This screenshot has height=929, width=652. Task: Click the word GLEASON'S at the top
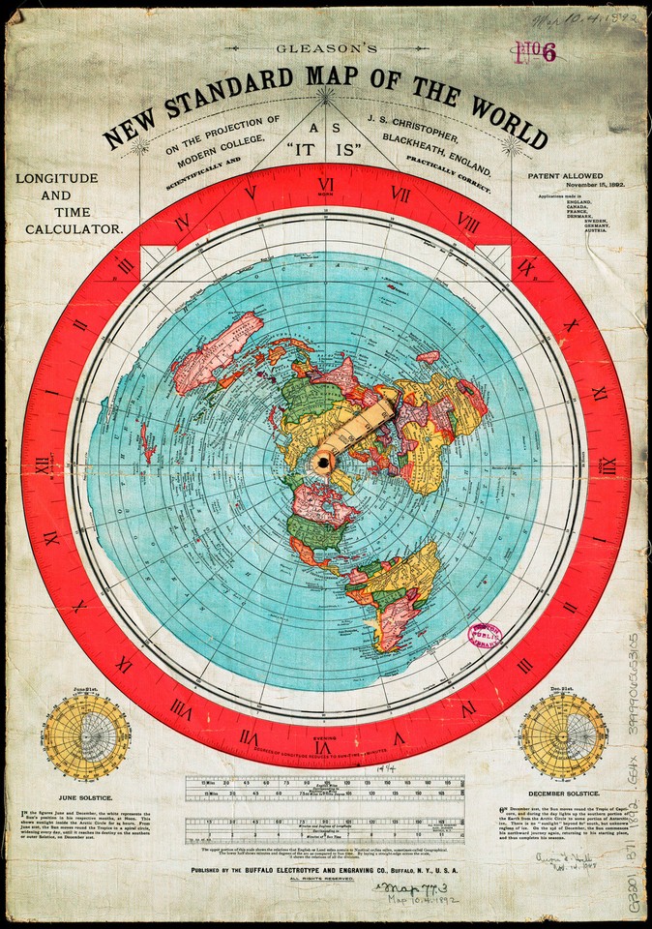[x=326, y=46]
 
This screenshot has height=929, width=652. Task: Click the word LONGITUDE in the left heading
[x=57, y=179]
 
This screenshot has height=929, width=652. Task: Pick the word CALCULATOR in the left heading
[x=75, y=229]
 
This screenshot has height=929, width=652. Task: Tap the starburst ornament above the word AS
[x=327, y=96]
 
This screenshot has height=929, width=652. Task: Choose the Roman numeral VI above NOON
[x=326, y=184]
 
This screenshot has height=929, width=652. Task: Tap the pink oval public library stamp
[x=484, y=635]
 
